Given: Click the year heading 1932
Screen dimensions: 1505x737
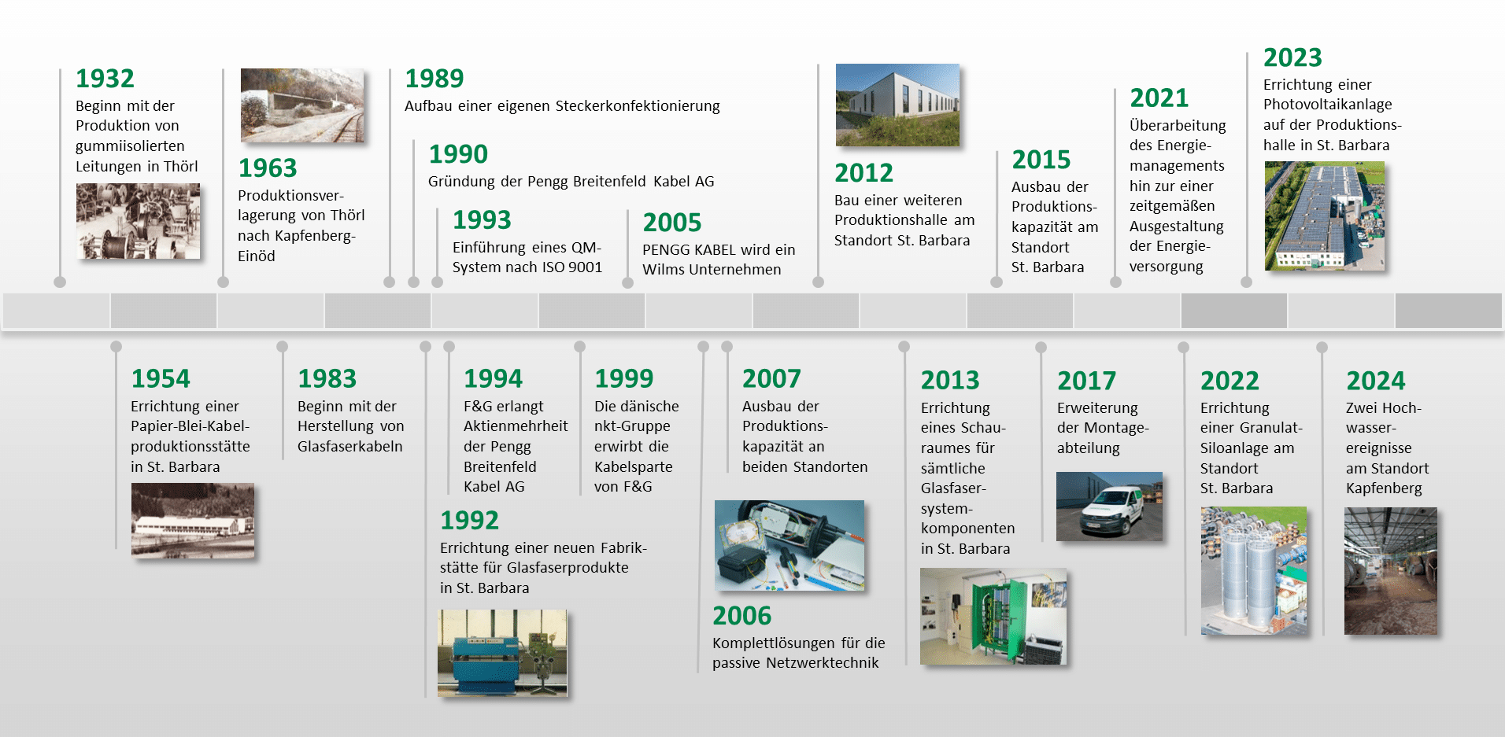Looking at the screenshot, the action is [x=105, y=79].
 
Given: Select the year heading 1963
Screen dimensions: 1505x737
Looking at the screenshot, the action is [x=268, y=168].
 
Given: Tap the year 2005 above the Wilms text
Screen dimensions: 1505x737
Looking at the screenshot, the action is [x=671, y=223].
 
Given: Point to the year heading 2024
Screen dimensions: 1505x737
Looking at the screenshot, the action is [x=1375, y=381].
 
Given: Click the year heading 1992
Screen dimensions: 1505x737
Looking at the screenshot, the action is [x=469, y=521].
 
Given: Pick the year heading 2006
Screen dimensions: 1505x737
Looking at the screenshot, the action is [x=741, y=616].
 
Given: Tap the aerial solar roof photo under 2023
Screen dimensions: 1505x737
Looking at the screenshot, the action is [x=1325, y=216].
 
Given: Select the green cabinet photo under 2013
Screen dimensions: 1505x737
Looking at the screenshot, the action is [x=993, y=617].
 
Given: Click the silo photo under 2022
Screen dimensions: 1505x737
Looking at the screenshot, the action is [x=1254, y=571].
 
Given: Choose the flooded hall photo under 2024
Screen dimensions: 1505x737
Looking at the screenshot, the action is [x=1391, y=571].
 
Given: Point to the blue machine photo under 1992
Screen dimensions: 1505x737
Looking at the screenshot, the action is [x=502, y=653].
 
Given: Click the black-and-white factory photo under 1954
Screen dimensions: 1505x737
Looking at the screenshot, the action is [x=193, y=521].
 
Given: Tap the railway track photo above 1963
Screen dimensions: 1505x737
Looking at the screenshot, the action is [x=302, y=105].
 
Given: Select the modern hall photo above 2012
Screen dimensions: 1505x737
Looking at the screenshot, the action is [x=897, y=105].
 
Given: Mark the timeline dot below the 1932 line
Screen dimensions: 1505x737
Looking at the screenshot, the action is [x=60, y=282].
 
